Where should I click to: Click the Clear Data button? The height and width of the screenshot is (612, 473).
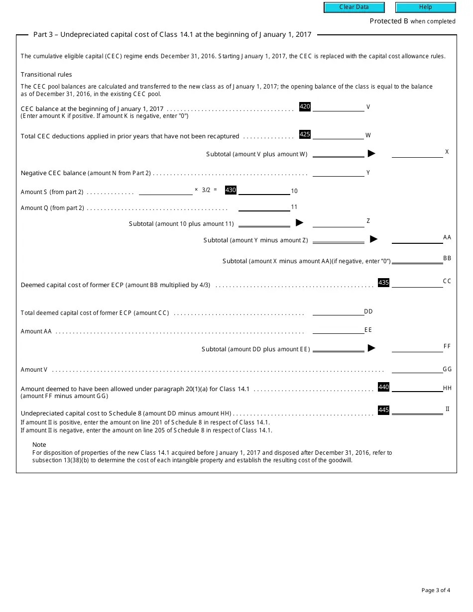[354, 7]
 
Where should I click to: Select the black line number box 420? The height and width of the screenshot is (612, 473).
[305, 106]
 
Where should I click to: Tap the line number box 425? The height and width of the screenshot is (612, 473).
[305, 134]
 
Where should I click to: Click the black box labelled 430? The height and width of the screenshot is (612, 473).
[231, 190]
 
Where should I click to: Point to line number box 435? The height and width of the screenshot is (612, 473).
[383, 283]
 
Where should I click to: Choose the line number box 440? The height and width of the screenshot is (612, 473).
[383, 387]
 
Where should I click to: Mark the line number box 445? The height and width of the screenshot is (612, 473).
[383, 410]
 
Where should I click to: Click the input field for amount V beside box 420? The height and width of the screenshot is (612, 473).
[338, 107]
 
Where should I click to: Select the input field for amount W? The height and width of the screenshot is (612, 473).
[338, 135]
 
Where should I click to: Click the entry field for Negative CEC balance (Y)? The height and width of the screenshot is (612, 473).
[338, 173]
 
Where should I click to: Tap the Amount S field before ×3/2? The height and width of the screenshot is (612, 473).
[165, 191]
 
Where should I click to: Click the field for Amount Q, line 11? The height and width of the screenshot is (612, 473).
[264, 207]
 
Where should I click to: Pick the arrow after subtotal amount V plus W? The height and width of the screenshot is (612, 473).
[371, 154]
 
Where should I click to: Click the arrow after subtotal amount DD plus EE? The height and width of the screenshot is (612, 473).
[371, 348]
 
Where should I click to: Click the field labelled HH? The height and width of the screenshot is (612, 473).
[417, 388]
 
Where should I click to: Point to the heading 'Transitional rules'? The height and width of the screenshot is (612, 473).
[46, 75]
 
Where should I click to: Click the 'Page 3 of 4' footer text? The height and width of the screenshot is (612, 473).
[436, 591]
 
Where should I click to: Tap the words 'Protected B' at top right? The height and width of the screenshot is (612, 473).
[388, 21]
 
